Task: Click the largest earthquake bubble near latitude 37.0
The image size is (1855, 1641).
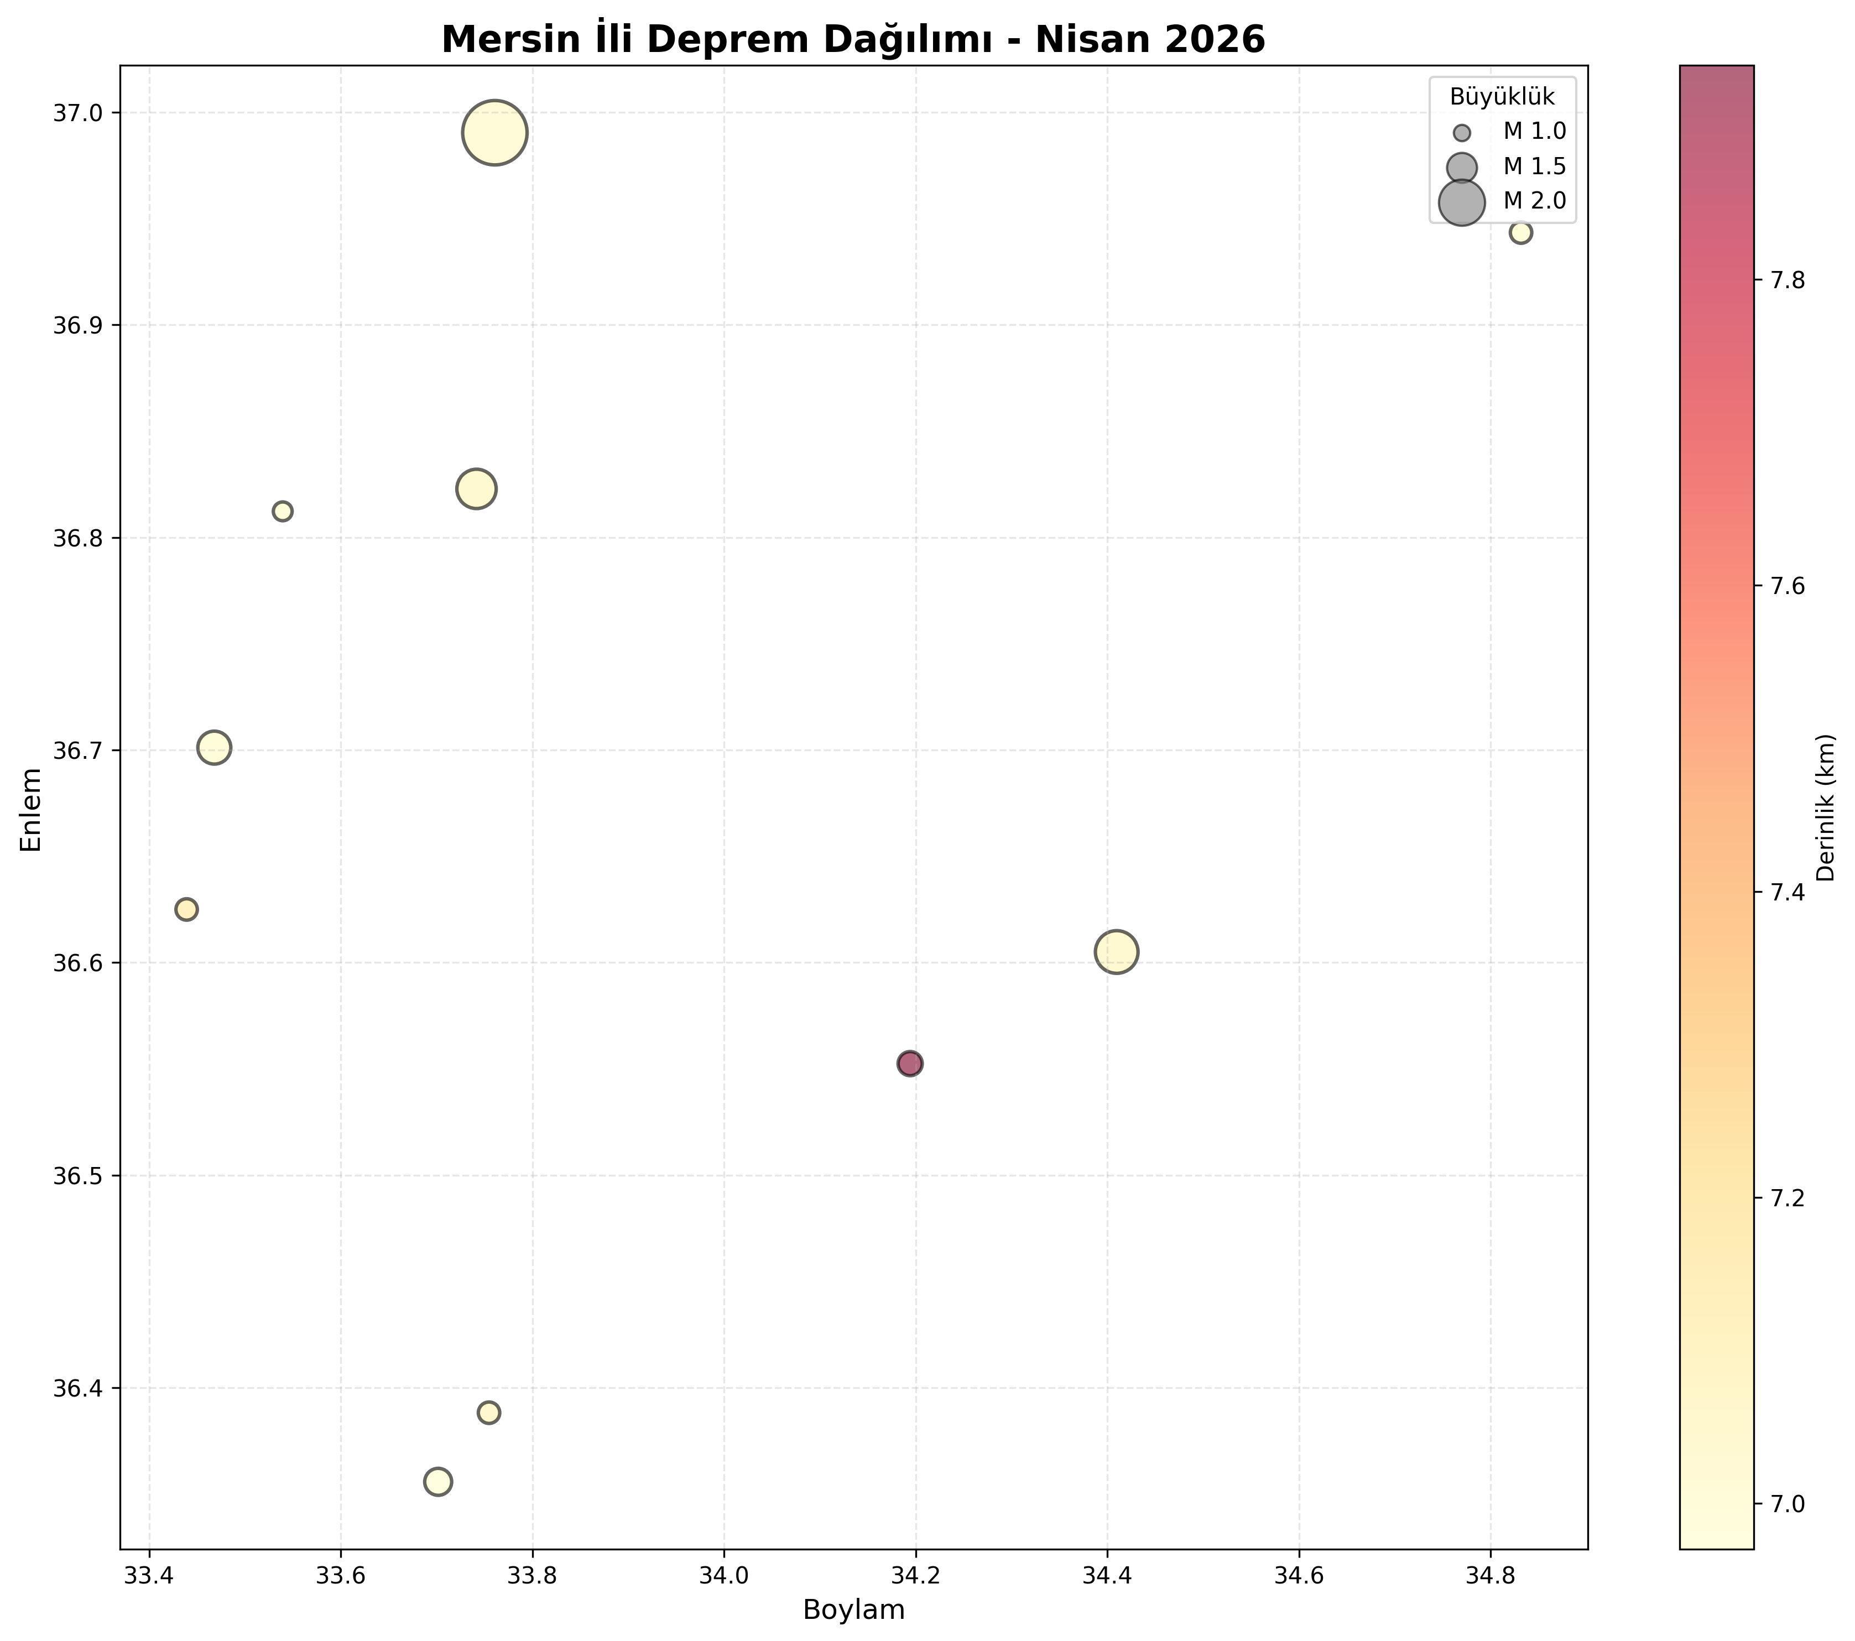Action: click(494, 133)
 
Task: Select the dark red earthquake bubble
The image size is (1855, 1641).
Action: click(910, 1064)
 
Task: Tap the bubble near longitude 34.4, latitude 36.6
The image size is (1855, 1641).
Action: click(1116, 952)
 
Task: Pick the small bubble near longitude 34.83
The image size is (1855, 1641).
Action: click(1521, 232)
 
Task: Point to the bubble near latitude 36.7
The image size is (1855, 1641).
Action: click(214, 748)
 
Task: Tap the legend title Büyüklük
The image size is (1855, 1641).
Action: click(1502, 96)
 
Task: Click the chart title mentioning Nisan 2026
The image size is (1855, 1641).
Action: click(853, 39)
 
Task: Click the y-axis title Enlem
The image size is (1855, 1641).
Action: click(32, 809)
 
